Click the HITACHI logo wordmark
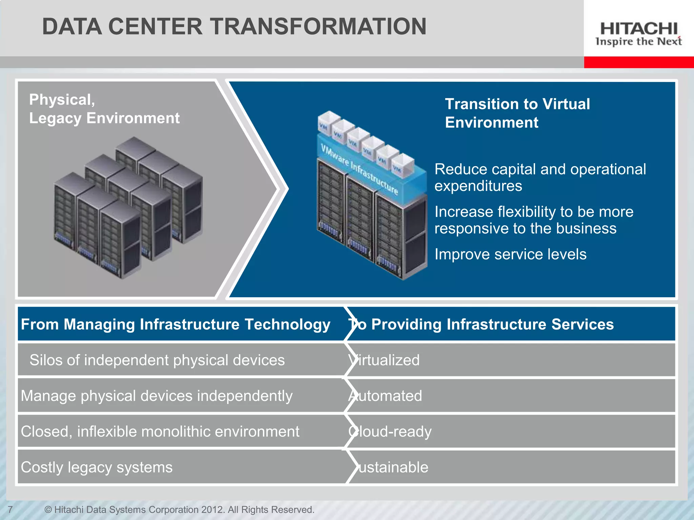(x=639, y=28)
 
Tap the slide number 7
(x=10, y=509)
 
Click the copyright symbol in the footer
(x=48, y=510)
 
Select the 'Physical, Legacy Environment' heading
(x=104, y=109)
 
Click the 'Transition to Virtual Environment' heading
(x=517, y=113)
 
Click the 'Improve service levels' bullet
(x=510, y=254)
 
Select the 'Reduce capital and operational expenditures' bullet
(x=540, y=177)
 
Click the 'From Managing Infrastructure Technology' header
(x=176, y=324)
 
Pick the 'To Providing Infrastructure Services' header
(x=481, y=324)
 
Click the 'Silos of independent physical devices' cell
(x=157, y=360)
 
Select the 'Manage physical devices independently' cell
(x=157, y=396)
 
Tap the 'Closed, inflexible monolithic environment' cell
(x=160, y=432)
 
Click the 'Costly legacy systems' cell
(x=97, y=467)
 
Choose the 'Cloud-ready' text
(x=390, y=432)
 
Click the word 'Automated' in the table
(x=386, y=396)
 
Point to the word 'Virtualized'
(x=384, y=360)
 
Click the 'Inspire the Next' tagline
(x=638, y=42)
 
